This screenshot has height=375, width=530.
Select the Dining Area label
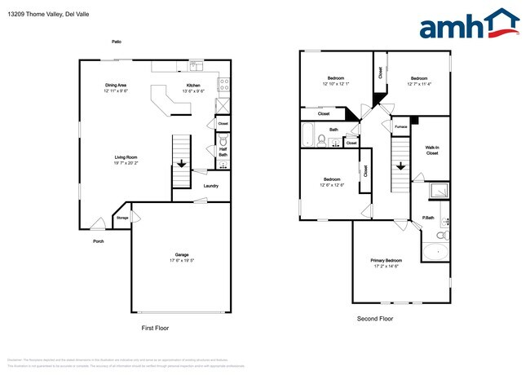click(115, 85)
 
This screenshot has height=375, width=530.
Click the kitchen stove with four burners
click(224, 83)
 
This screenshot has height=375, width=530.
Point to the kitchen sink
click(197, 66)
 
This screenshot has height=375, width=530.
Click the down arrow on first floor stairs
click(180, 164)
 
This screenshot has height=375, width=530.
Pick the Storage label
click(121, 218)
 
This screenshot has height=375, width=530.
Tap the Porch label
click(99, 241)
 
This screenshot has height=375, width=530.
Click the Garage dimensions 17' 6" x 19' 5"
click(182, 260)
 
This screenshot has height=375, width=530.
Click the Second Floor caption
click(374, 319)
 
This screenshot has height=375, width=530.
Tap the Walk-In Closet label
click(432, 150)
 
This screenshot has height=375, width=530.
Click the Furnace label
click(400, 127)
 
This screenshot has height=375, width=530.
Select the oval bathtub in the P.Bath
click(435, 253)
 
